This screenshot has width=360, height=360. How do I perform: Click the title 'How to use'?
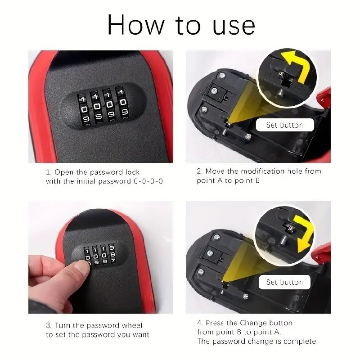(x=181, y=25)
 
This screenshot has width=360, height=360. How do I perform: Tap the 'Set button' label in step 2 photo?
(x=284, y=125)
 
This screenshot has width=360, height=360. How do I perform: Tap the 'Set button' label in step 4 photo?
(x=284, y=282)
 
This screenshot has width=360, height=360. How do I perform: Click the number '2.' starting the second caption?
(x=200, y=171)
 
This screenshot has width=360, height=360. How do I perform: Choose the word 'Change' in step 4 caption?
(x=253, y=323)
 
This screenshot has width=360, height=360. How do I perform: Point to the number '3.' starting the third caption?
(x=49, y=325)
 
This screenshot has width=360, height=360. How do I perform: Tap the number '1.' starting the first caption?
(x=49, y=172)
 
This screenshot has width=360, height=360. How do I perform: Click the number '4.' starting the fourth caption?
(x=200, y=323)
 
